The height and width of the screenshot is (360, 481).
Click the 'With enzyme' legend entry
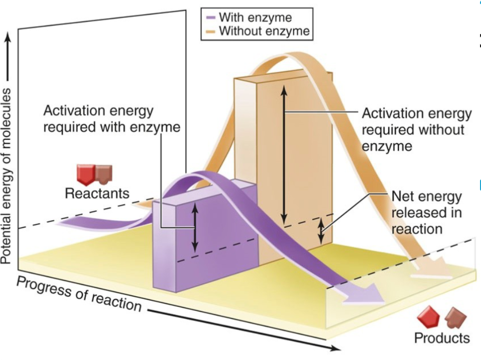[254, 18]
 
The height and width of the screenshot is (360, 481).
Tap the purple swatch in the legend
[211, 18]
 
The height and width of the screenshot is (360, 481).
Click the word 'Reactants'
[97, 193]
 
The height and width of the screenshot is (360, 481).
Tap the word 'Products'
[442, 338]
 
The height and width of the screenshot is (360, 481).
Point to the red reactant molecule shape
[86, 174]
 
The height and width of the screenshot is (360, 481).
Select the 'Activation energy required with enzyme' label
[111, 118]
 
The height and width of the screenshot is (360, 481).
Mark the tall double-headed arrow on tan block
[284, 154]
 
